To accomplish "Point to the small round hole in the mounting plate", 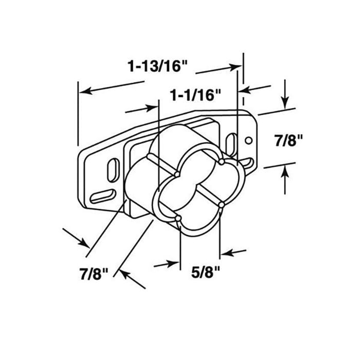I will tap(249, 139).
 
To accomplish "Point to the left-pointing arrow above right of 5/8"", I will tap(225, 252).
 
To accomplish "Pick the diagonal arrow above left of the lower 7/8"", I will tap(81, 241).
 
